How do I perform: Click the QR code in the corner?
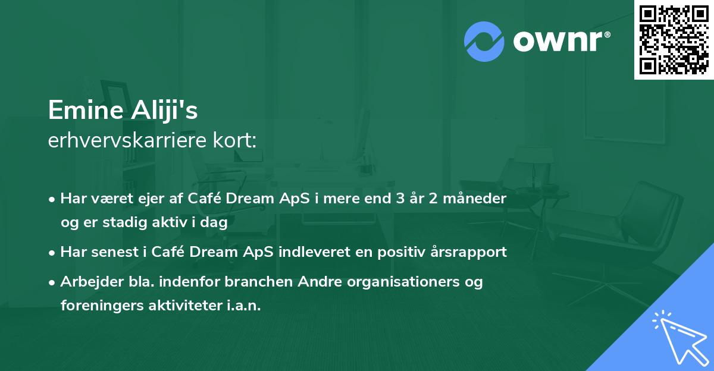click(x=673, y=39)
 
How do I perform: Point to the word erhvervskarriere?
click(x=123, y=141)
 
